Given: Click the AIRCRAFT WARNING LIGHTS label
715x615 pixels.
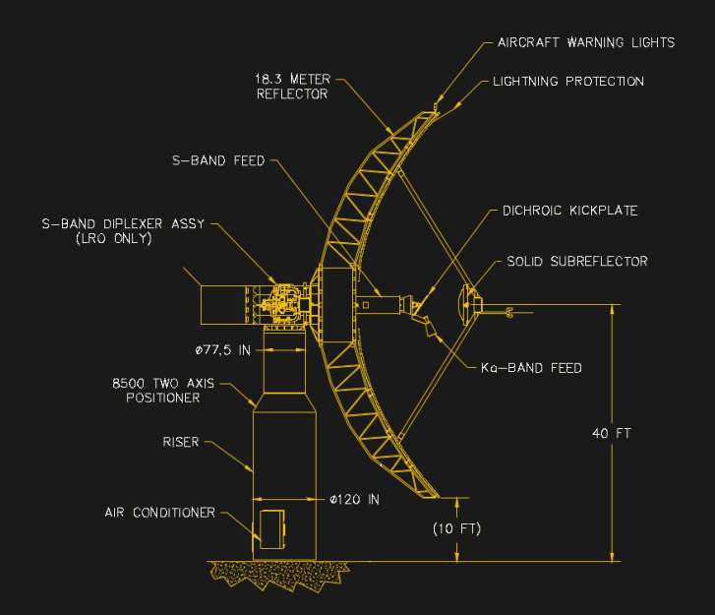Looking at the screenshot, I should click(585, 42).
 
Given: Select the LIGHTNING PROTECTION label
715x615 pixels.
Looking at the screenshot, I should click(567, 82).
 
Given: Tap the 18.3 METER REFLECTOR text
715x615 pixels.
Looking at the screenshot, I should click(293, 87).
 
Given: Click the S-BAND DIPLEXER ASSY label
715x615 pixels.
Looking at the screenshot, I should click(123, 223).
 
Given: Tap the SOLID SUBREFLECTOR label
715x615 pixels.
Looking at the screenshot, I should click(576, 262).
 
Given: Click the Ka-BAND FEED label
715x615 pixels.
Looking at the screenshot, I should click(531, 368).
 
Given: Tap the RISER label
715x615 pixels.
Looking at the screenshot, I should click(181, 443).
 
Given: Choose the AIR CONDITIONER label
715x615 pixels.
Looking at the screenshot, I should click(160, 513).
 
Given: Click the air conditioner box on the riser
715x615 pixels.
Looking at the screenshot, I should click(271, 527).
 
